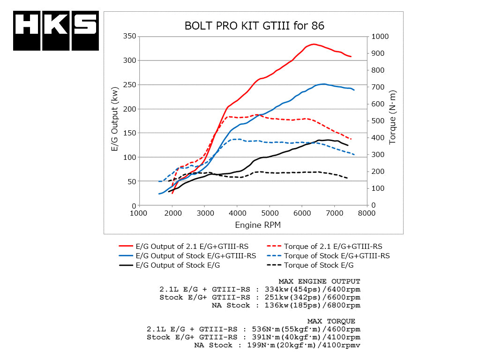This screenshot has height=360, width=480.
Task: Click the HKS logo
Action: point(56,30)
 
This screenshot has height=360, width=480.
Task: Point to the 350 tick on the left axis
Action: point(129,36)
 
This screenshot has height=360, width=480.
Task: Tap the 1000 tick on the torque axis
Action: point(379,36)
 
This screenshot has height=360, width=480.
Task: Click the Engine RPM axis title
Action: point(258,225)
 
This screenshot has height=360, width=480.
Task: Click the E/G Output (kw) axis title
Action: point(115,120)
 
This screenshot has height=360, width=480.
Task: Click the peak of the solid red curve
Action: point(313,44)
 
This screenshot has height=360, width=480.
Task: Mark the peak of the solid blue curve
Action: point(323,84)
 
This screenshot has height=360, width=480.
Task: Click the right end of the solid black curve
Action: point(347,145)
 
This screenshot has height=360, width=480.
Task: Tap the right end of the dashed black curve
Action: point(347,178)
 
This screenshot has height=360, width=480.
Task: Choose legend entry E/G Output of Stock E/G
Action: point(177,265)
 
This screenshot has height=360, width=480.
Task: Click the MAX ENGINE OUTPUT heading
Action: point(319,281)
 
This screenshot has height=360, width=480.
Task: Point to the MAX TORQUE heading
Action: point(331,321)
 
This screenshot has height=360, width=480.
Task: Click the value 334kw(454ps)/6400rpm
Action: point(305,289)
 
